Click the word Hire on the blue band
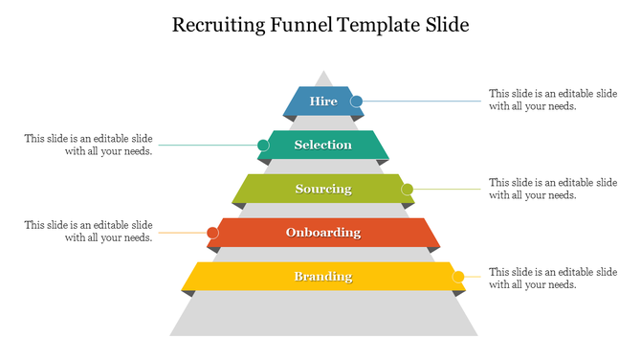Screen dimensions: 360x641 323,101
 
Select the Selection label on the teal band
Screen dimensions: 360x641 323,145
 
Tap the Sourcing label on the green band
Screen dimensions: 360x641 323,189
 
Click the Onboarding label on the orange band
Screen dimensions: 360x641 323,232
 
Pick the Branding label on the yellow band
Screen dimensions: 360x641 323,277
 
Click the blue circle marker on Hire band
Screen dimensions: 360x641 356,101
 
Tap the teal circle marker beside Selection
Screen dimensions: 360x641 263,146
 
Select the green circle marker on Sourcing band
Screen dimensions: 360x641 407,189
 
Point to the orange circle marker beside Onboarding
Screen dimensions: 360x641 212,233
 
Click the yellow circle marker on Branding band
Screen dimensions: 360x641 458,277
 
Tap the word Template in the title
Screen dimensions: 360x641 381,26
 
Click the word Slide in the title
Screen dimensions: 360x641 449,26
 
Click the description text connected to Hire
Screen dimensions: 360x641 552,101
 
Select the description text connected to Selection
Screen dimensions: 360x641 89,145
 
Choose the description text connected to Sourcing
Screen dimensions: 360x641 552,189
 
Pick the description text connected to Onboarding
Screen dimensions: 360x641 89,232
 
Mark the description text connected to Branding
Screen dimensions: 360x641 552,278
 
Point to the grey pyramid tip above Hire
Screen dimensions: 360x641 323,78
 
